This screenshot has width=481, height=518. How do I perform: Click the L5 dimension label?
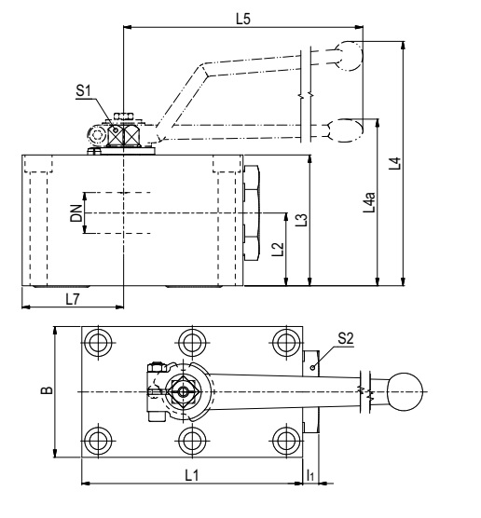[243, 19]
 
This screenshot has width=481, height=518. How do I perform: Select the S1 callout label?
[83, 91]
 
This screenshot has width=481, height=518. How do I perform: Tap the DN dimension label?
[76, 213]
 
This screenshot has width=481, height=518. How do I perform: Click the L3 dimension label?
[301, 220]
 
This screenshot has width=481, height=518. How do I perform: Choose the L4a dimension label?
[369, 202]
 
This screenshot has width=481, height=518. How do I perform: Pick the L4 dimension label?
[394, 164]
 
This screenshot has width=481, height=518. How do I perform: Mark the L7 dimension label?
[73, 299]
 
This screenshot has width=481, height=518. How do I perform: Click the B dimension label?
[47, 390]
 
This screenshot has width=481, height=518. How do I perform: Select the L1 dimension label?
[192, 476]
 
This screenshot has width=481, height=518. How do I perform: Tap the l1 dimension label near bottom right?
[310, 476]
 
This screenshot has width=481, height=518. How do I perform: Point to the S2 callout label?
[346, 338]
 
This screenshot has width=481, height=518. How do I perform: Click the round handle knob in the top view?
[405, 392]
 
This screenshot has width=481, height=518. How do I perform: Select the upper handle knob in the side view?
[349, 56]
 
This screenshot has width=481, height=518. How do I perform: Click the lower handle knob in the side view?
[347, 130]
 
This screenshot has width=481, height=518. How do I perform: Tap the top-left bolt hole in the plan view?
[98, 343]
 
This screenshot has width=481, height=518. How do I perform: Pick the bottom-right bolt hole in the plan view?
[286, 440]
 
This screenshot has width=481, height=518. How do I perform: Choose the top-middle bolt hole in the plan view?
[192, 343]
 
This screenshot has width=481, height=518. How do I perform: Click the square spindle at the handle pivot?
[183, 392]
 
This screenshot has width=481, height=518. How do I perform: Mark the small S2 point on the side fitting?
[312, 367]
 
